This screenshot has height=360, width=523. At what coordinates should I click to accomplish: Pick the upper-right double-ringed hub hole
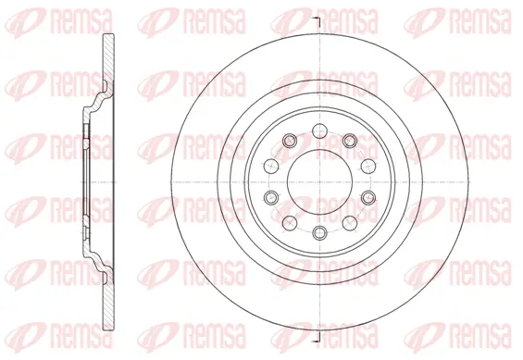pos(350,141)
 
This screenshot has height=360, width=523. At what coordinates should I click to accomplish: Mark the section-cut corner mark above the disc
pos(316,20)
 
